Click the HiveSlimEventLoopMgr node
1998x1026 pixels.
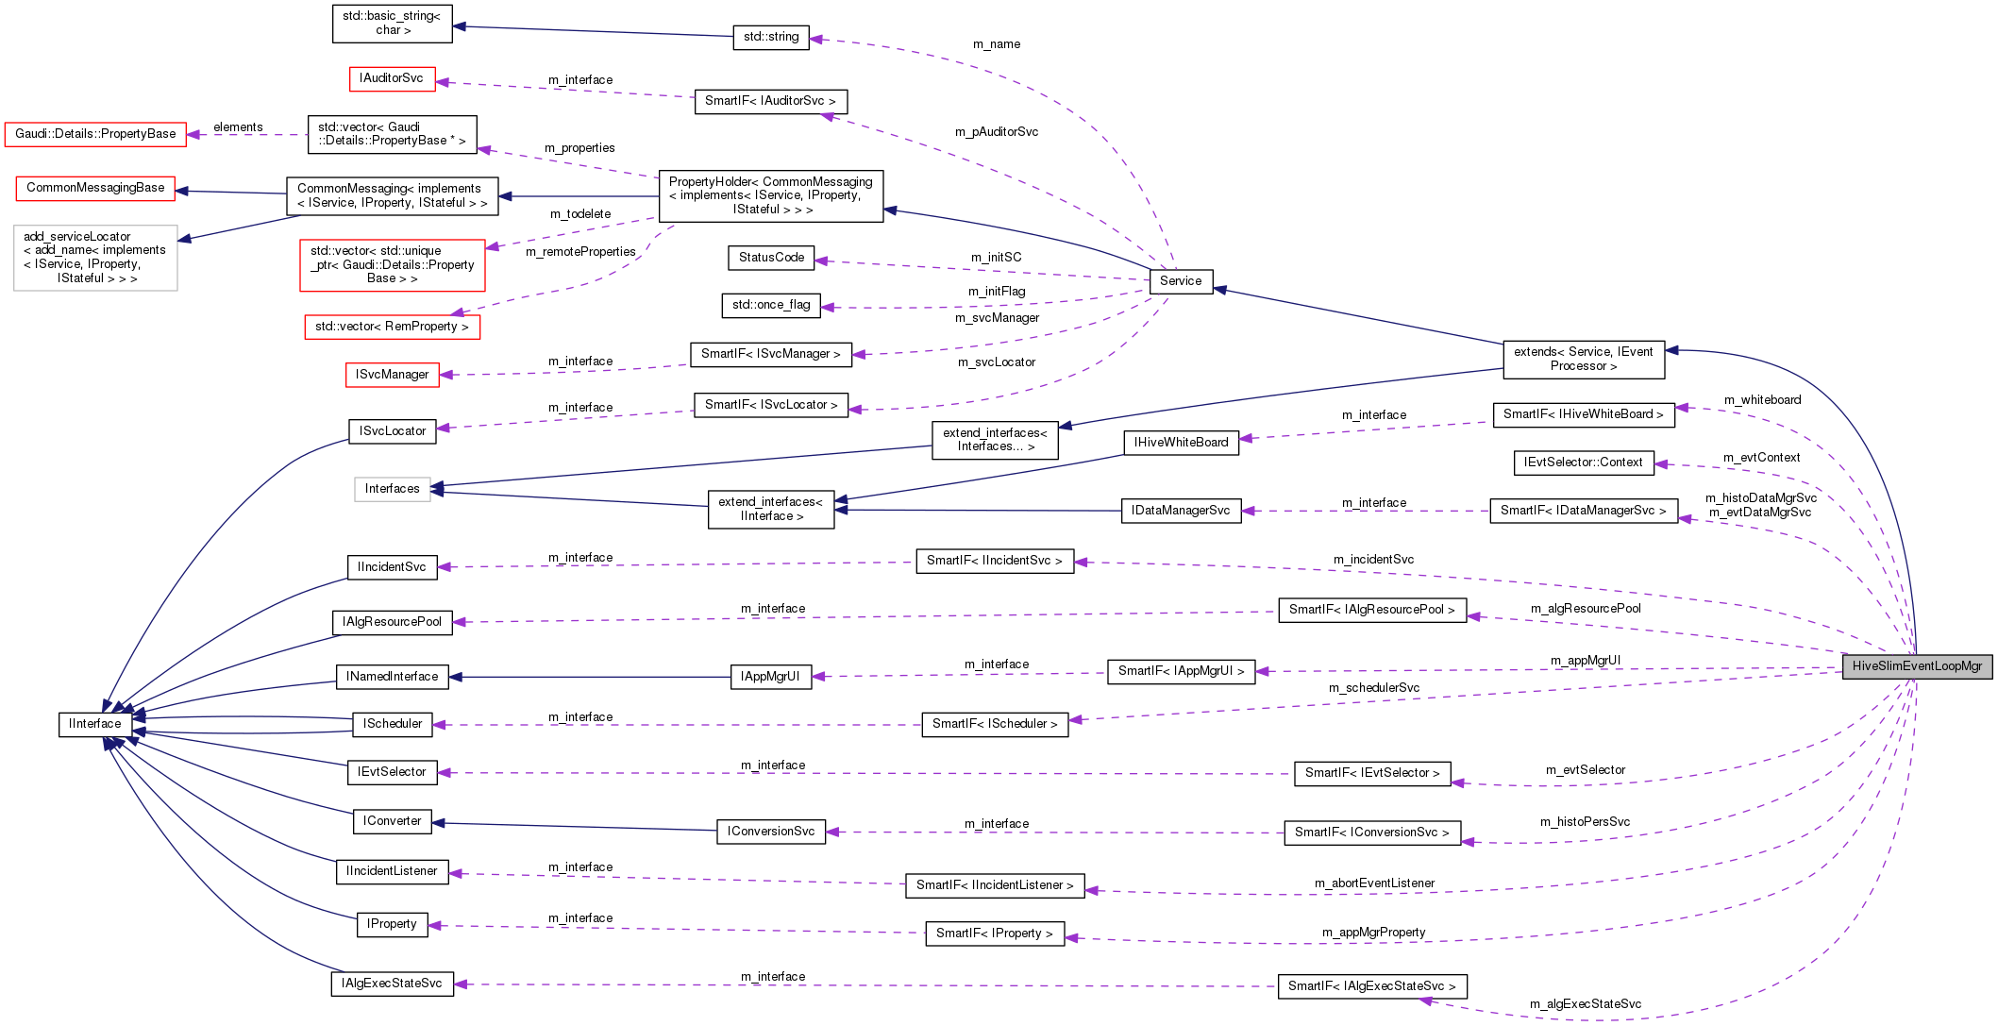1916,666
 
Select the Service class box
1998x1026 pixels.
1180,281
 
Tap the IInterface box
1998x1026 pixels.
94,724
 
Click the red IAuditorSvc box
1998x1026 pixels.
392,78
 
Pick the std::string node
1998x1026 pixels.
770,38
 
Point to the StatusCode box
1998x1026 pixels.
771,258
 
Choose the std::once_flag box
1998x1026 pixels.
771,305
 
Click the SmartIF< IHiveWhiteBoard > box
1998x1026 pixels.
1583,414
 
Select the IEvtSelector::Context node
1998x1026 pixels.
1583,463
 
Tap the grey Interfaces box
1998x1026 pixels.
392,489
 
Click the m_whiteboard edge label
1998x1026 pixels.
1761,400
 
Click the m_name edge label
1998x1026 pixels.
996,44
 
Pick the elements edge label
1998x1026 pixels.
238,127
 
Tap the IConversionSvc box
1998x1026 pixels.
770,832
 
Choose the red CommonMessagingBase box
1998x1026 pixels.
95,188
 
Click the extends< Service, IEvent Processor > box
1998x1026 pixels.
1583,359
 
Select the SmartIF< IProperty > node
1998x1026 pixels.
994,933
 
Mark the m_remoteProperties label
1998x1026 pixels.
580,252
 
